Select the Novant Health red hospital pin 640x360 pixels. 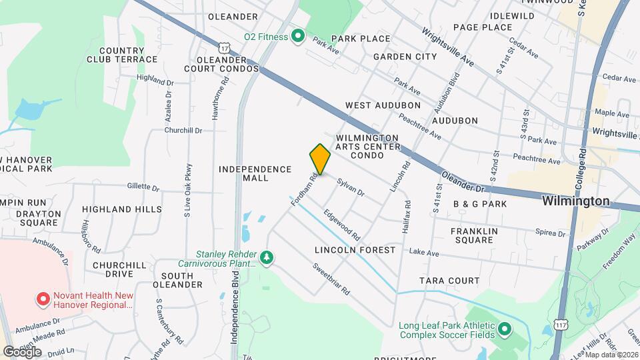[x=43, y=300]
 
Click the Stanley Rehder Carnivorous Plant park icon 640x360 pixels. [x=267, y=257]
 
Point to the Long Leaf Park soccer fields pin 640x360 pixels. [x=505, y=329]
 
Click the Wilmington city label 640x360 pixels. [x=575, y=201]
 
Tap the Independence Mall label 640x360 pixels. [x=255, y=173]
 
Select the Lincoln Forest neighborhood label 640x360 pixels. [x=355, y=250]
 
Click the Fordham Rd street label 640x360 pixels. [x=304, y=189]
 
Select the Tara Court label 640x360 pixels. [x=450, y=280]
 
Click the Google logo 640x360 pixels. [x=22, y=351]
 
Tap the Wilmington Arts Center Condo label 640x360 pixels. [x=367, y=146]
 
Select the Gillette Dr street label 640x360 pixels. [x=143, y=189]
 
